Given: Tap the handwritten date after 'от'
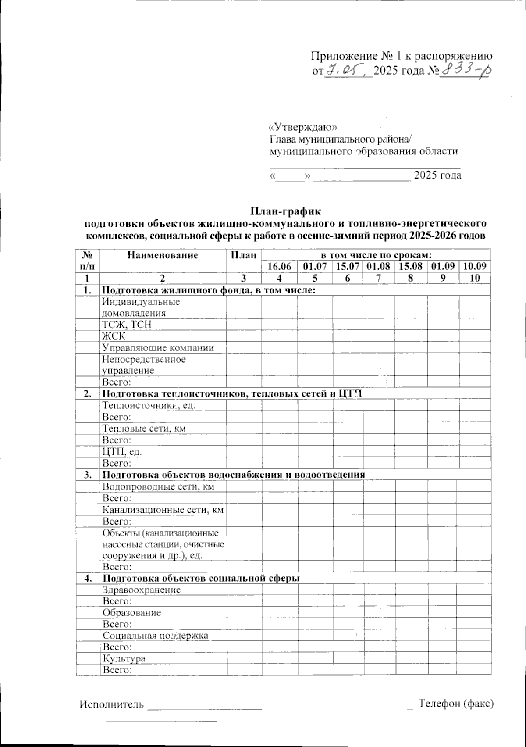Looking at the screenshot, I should pos(348,71).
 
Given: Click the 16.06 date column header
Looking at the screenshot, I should pos(279,266).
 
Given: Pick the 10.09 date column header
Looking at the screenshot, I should pos(475,266).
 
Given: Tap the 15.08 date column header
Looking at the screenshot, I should pos(411,266).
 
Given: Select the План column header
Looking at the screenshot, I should pos(244,255).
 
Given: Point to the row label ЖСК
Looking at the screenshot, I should pos(114,336).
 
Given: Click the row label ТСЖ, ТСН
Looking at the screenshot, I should pos(127,325).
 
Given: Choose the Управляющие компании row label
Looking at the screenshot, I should pos(158,348).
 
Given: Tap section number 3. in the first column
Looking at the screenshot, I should pos(88,475).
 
